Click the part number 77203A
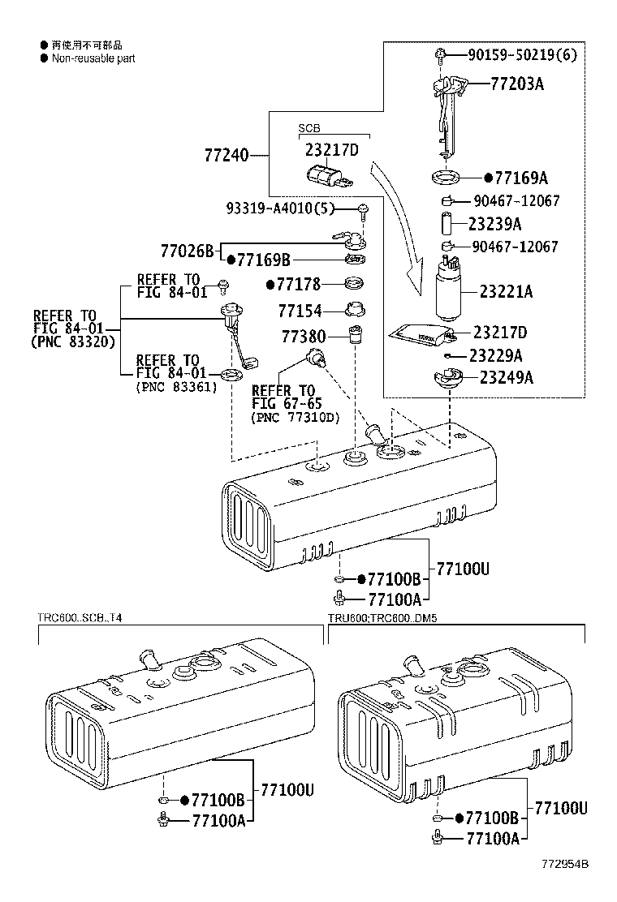pyautogui.click(x=516, y=83)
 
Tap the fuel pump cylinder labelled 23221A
pyautogui.click(x=450, y=292)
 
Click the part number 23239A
pyautogui.click(x=494, y=224)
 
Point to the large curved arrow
pyautogui.click(x=398, y=227)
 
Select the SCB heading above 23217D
pyautogui.click(x=309, y=128)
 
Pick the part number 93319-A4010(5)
pyautogui.click(x=280, y=209)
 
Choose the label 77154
pyautogui.click(x=300, y=311)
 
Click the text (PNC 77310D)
pyautogui.click(x=296, y=418)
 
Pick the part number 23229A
pyautogui.click(x=495, y=355)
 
